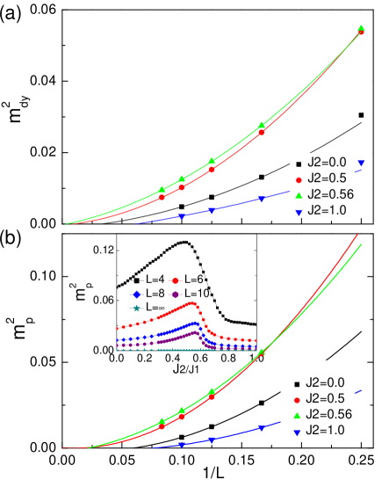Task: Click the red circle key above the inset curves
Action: [175, 280]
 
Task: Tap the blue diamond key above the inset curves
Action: [136, 294]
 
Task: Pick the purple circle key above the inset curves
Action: [175, 294]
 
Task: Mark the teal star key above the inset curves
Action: [136, 309]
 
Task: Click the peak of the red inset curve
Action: [193, 303]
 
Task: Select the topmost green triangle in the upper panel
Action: [362, 28]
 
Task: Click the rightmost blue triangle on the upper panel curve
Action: [361, 164]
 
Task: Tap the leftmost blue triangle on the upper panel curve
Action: [182, 216]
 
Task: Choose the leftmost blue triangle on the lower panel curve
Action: [182, 445]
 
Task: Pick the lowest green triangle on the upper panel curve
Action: [162, 190]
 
